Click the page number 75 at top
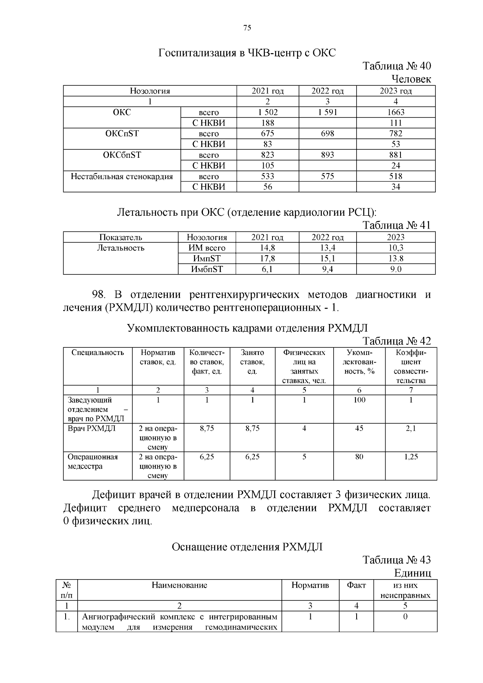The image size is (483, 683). [x=247, y=28]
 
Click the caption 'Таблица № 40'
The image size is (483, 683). [x=396, y=66]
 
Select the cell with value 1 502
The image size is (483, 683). [x=268, y=112]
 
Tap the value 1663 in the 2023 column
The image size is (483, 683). [x=396, y=112]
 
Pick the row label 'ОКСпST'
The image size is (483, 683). [x=122, y=134]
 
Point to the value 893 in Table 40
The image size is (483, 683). [x=327, y=155]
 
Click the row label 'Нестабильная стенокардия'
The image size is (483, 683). [x=122, y=176]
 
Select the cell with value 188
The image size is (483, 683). [x=268, y=123]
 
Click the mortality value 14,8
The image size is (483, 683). [x=268, y=248]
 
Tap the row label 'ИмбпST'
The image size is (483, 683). [x=207, y=269]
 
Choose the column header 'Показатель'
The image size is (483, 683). [x=120, y=237]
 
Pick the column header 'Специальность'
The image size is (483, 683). [x=98, y=353]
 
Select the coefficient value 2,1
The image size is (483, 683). [x=411, y=429]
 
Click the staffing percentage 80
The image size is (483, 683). [x=359, y=457]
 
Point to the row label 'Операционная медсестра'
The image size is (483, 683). [x=93, y=462]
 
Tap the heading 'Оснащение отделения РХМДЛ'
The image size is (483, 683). [x=247, y=547]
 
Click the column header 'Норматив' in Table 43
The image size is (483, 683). [x=310, y=585]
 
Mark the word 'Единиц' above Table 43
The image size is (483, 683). [x=413, y=573]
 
